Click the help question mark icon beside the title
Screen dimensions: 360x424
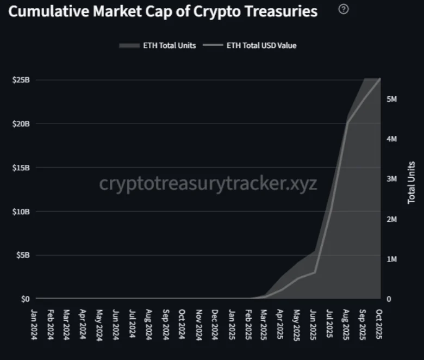tap(343, 9)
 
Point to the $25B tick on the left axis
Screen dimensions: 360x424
tap(21, 80)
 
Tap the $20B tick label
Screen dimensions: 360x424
tap(21, 123)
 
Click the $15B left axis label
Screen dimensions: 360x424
tap(21, 167)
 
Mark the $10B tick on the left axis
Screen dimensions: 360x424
tap(21, 211)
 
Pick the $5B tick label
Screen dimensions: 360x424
tap(22, 255)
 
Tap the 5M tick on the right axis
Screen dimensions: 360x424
tap(392, 99)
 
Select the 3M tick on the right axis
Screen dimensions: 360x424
tap(392, 179)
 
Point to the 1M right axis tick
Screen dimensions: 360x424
tap(392, 259)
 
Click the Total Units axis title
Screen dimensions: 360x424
tap(411, 182)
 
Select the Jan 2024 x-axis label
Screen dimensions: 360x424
tap(34, 324)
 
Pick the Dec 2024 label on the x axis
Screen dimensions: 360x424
tap(215, 324)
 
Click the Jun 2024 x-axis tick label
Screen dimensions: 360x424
tap(116, 324)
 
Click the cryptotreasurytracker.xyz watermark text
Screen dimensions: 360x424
tap(208, 183)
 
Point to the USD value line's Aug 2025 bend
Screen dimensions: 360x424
tap(347, 123)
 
